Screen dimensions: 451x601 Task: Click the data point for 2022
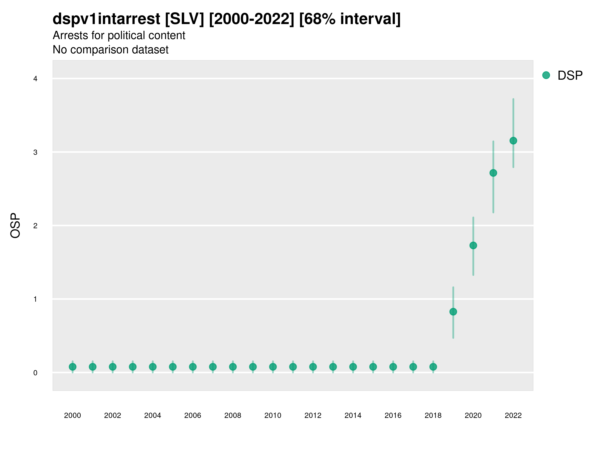pos(513,141)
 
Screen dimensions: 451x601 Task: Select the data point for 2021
pos(493,173)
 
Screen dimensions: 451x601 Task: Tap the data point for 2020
pos(473,246)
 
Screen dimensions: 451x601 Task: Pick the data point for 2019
pos(453,311)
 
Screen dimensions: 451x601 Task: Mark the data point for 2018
pos(433,367)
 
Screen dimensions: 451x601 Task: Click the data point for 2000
pos(73,367)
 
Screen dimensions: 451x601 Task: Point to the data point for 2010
pos(273,367)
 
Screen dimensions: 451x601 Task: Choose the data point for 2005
pos(173,367)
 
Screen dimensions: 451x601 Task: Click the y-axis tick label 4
pos(35,79)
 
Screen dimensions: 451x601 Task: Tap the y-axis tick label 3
pos(35,152)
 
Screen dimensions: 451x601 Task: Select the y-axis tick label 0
pos(35,373)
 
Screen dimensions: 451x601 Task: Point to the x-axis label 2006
pos(193,415)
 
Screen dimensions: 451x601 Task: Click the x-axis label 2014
pos(353,415)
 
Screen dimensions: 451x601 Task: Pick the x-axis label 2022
pos(513,415)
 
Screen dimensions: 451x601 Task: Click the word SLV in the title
pos(185,19)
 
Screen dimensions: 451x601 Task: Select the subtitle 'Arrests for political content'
pos(119,35)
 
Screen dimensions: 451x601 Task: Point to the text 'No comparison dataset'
pos(111,49)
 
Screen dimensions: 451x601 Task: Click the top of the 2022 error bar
pos(513,99)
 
